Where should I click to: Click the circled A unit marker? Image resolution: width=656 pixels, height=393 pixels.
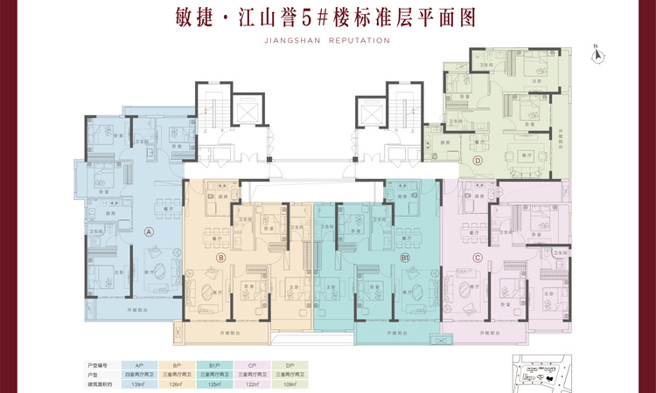click(x=149, y=232)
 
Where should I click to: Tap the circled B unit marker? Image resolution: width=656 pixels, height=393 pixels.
click(x=221, y=258)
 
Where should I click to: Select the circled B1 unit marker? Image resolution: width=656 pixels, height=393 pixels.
click(x=405, y=259)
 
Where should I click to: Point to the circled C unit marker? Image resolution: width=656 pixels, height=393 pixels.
click(x=477, y=257)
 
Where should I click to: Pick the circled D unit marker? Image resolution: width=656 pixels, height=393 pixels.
click(x=478, y=161)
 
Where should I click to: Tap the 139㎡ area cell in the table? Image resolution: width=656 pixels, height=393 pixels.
click(x=138, y=384)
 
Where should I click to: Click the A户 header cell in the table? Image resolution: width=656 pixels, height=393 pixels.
click(x=138, y=362)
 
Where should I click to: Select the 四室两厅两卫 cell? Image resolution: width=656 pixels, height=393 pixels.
click(x=138, y=373)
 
